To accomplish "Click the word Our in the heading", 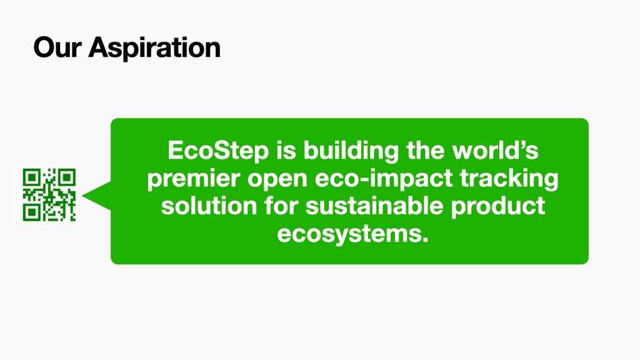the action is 57,47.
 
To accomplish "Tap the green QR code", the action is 49,195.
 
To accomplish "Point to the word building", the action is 351,151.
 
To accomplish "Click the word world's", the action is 495,150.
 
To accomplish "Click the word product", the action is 498,207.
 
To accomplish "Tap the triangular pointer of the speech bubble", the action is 97,196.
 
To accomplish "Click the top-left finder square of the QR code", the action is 31,177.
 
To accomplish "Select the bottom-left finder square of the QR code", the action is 31,213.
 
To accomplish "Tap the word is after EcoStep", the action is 286,150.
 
